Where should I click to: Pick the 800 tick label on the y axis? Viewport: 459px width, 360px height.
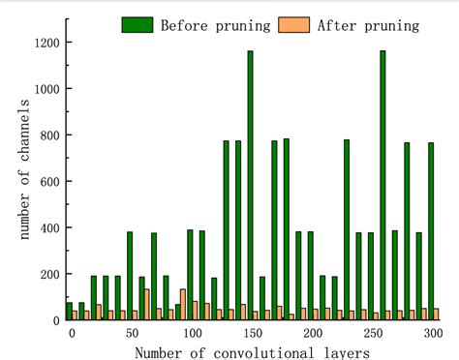click(x=49, y=135)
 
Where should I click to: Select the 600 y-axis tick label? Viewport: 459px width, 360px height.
click(x=49, y=182)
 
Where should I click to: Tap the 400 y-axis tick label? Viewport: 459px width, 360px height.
click(x=49, y=228)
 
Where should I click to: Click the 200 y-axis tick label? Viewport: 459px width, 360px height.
click(x=49, y=275)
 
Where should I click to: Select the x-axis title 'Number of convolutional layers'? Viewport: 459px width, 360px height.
click(x=252, y=351)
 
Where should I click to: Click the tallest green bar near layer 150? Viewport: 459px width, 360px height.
click(x=250, y=184)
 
